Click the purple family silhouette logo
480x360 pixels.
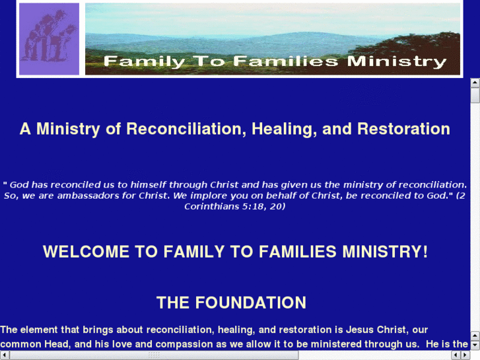pos(49,39)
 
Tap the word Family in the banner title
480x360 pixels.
pos(144,62)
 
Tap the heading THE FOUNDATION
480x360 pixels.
pos(231,303)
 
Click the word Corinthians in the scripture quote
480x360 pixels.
pos(213,206)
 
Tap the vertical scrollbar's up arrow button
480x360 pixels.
pos(475,83)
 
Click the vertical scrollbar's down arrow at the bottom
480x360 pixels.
pos(475,344)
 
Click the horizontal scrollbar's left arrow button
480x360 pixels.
pos(5,355)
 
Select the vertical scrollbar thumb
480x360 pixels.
pos(475,95)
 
